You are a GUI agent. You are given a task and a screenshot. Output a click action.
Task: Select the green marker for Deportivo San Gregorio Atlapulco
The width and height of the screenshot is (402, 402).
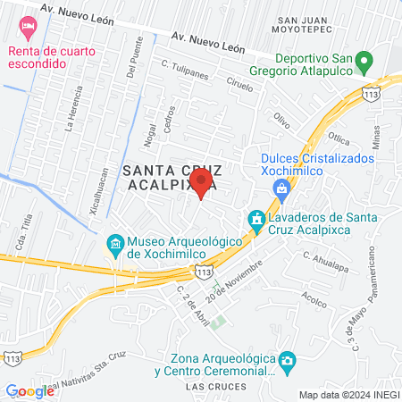pos(364,63)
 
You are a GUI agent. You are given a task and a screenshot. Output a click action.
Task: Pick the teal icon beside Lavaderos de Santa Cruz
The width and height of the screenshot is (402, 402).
pos(256,219)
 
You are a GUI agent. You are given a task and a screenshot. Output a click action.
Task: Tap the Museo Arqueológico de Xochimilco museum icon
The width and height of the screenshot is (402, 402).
pos(115,243)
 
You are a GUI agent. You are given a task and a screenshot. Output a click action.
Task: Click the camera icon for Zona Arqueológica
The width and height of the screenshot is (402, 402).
pos(287,361)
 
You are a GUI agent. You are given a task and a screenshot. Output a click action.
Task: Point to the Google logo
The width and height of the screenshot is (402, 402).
pos(29,390)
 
